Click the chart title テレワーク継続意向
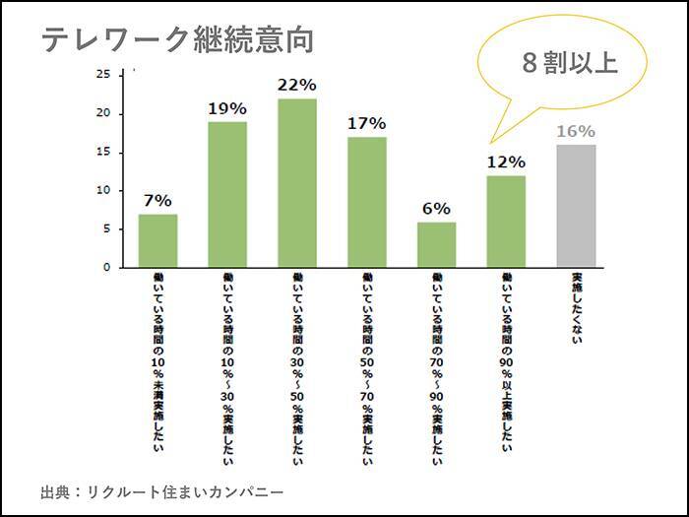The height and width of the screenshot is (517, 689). pos(177,40)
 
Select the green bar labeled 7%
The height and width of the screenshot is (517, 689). pos(157,240)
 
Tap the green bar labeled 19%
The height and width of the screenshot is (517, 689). pos(227,194)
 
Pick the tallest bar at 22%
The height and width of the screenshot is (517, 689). pos(296,183)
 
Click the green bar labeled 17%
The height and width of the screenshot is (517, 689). pos(366,202)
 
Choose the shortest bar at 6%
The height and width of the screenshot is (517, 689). pos(436,244)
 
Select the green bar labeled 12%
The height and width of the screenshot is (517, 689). pos(506,222)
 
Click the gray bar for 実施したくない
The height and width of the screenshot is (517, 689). pos(576,206)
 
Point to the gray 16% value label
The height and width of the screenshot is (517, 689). pos(576,131)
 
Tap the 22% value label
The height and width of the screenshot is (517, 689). pos(296,85)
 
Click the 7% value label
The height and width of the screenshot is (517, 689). pos(157,200)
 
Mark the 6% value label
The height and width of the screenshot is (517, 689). pos(436,209)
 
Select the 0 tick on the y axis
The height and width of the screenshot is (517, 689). pos(107,268)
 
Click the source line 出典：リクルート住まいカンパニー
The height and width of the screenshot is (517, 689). pos(162,489)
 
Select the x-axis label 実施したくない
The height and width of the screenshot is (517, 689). pos(576,309)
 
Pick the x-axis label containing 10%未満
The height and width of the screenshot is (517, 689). pos(158,363)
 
